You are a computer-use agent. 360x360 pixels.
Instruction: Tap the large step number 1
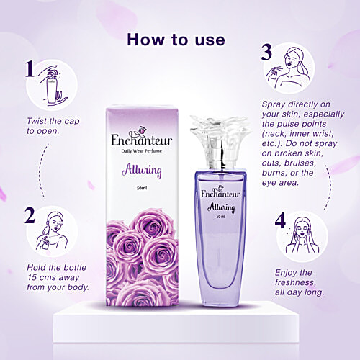(x=30, y=69)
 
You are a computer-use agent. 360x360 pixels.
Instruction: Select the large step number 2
(x=30, y=217)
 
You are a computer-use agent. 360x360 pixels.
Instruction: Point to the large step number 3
(x=266, y=52)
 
